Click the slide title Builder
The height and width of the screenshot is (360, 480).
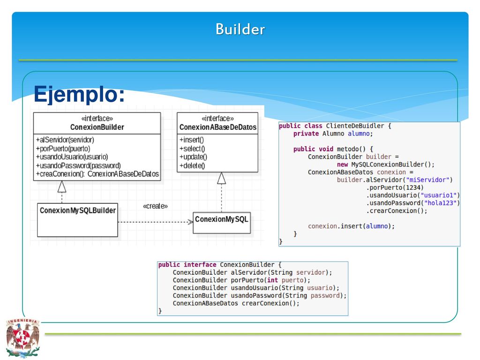click(240, 30)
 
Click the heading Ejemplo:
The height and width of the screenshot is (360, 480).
click(79, 94)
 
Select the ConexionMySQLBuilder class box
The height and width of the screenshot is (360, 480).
click(77, 220)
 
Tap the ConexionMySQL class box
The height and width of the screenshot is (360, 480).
click(222, 223)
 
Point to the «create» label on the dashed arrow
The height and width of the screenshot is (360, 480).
click(155, 206)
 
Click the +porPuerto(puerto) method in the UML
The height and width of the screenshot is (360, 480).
click(63, 149)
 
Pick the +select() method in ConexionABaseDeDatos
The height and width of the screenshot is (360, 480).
click(192, 149)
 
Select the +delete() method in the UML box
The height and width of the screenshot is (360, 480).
click(192, 165)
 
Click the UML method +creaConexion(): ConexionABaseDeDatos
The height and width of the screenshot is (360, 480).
click(97, 174)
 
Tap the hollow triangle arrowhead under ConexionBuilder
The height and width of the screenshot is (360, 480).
click(62, 187)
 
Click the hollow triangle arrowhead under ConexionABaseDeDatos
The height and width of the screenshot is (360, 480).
click(221, 178)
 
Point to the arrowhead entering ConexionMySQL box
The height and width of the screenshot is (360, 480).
click(190, 222)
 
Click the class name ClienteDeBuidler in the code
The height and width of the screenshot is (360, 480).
click(355, 126)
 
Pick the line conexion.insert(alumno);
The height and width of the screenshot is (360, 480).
click(351, 226)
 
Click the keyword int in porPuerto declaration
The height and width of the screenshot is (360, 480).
click(272, 280)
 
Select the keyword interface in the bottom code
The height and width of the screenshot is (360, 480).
click(200, 264)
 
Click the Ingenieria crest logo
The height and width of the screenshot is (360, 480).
click(22, 337)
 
